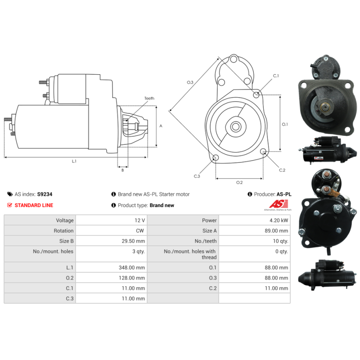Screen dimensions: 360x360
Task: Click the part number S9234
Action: pos(45,194)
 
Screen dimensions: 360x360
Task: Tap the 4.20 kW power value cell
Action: pos(279,220)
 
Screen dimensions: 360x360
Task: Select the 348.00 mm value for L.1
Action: pos(132,267)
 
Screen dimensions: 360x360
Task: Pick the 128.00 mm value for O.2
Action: pos(132,278)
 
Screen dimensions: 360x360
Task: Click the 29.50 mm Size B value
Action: pos(133,241)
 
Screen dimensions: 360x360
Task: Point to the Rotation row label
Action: pos(63,231)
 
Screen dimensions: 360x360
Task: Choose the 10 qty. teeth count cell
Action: pos(280,241)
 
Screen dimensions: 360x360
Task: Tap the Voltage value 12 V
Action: pos(140,220)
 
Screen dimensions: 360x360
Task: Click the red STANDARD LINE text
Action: pos(34,205)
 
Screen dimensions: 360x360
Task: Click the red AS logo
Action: pos(279,204)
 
